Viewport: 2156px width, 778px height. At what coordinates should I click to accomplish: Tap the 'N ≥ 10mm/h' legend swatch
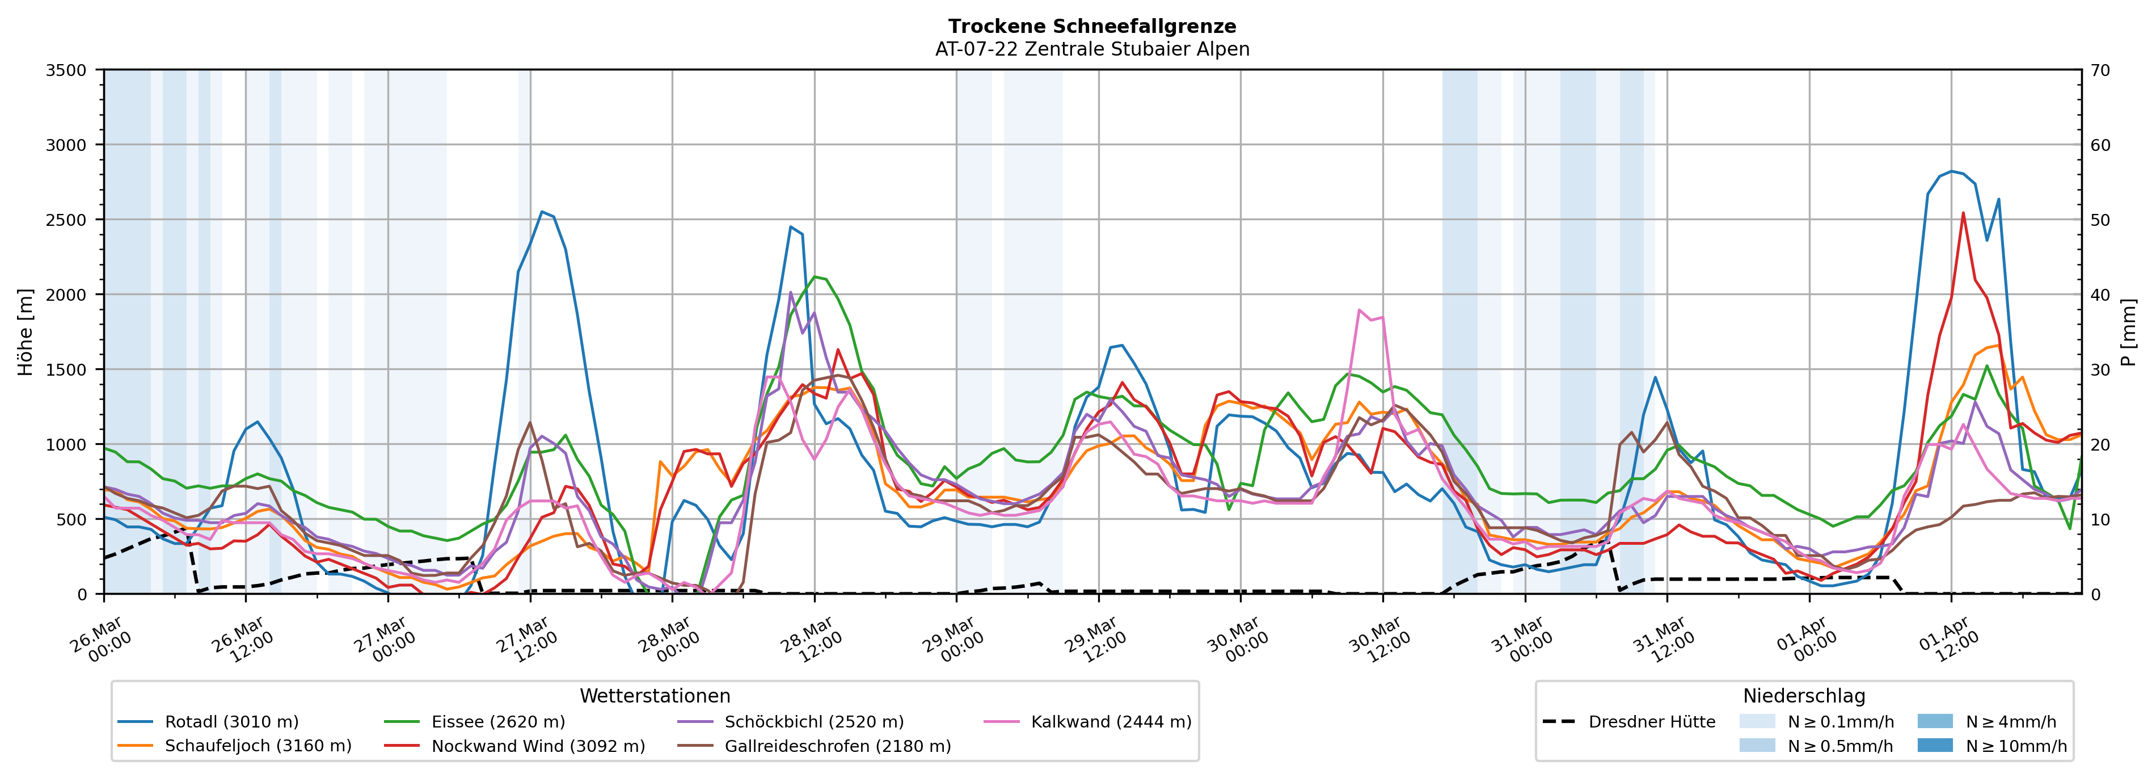coord(1935,745)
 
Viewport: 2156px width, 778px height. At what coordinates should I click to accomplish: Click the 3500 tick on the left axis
coord(66,70)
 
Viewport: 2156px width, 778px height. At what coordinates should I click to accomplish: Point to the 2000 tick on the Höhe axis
coord(66,295)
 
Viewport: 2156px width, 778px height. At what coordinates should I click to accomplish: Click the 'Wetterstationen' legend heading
coord(655,696)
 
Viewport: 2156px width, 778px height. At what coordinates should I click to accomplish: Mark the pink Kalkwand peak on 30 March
coord(1358,310)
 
